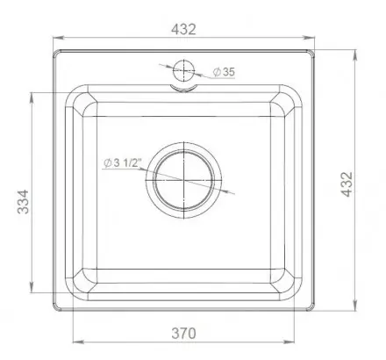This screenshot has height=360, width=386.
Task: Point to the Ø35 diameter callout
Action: [223, 73]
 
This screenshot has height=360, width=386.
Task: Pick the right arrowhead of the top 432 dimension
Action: [313, 39]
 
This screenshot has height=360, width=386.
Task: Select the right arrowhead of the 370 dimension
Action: [297, 343]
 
